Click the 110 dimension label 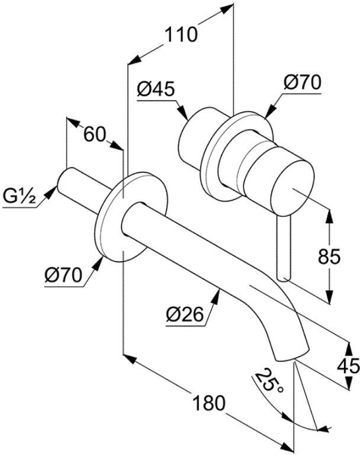181,34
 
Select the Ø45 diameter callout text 156,89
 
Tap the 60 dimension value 94,134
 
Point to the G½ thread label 20,197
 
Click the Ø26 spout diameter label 185,315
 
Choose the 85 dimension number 329,257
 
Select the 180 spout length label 208,403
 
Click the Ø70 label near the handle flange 303,82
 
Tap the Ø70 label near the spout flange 63,275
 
